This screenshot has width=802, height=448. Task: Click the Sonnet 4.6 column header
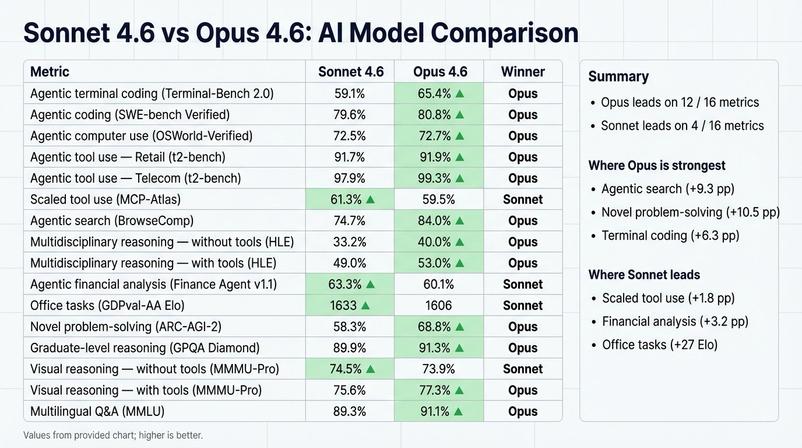point(350,72)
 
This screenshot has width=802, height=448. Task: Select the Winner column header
point(522,72)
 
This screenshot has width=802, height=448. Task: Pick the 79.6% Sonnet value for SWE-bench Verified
point(350,115)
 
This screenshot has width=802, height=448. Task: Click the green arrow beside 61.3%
point(370,199)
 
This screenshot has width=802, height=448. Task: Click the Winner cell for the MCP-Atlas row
point(522,199)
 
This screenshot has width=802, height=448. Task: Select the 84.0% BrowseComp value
point(434,220)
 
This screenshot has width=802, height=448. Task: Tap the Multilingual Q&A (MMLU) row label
point(97,411)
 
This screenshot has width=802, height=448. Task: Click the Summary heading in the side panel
point(618,76)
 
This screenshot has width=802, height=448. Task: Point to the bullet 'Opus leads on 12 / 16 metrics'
point(680,103)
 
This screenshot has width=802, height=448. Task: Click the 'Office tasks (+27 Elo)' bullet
point(659,345)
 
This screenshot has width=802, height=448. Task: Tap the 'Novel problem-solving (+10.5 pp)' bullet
point(690,212)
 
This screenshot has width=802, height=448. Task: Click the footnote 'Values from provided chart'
point(113,435)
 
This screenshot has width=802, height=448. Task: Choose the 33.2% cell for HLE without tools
point(350,242)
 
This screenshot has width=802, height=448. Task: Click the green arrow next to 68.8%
point(459,327)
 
